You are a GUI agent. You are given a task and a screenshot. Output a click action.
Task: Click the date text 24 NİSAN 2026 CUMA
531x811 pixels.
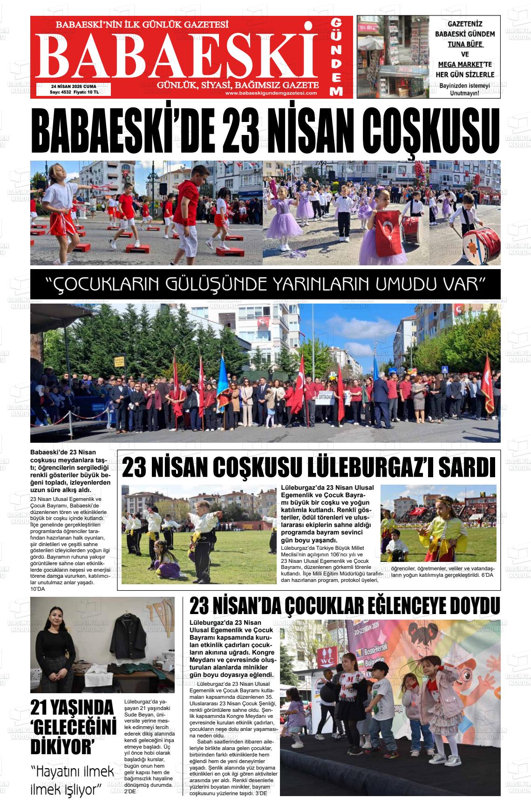[x=74, y=86]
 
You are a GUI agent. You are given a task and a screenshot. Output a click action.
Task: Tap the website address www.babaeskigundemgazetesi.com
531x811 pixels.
[x=271, y=93]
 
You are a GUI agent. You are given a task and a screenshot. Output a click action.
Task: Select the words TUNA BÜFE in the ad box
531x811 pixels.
[x=465, y=45]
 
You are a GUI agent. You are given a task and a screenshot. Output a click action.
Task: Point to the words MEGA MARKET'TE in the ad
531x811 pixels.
[x=465, y=64]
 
